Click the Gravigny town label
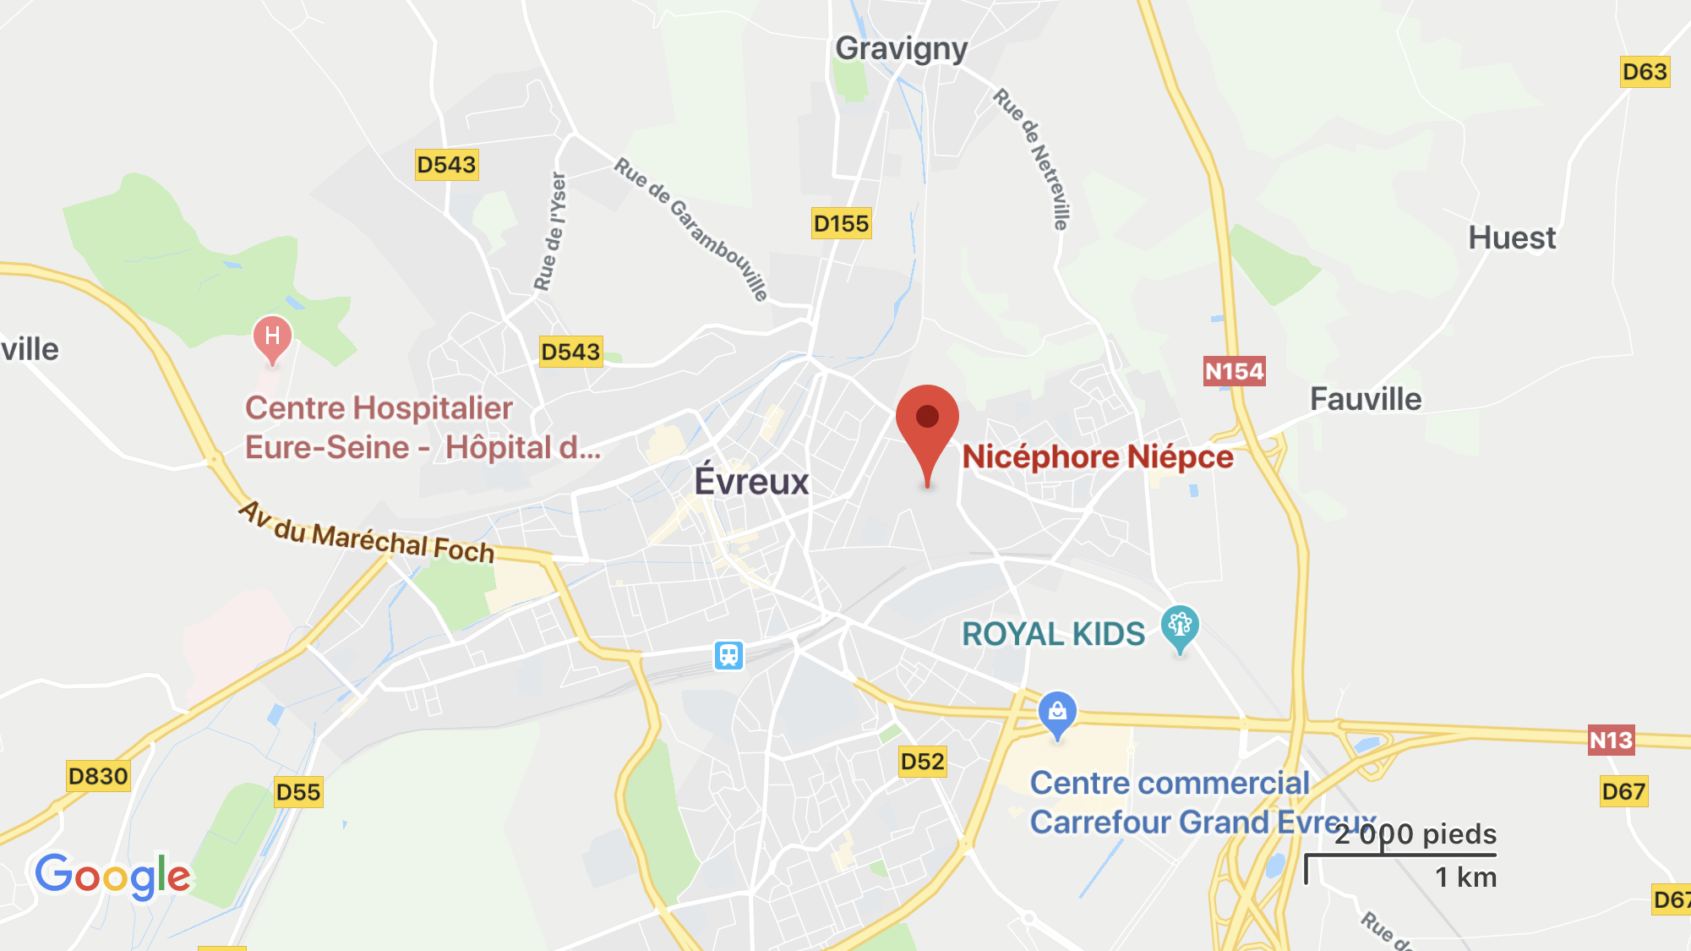(901, 49)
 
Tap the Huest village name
(1512, 238)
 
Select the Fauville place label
(1366, 399)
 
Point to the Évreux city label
(751, 482)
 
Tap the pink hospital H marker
(272, 337)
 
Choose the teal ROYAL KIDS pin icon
(1180, 627)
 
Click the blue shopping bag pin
(1057, 713)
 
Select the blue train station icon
(728, 655)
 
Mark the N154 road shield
(1234, 371)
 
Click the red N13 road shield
(1611, 741)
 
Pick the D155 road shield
(841, 224)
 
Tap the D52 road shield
(922, 762)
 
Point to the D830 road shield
(98, 776)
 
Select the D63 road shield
(1645, 72)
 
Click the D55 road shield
(298, 792)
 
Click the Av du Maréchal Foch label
(367, 533)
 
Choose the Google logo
(112, 876)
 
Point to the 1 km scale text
(1465, 877)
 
